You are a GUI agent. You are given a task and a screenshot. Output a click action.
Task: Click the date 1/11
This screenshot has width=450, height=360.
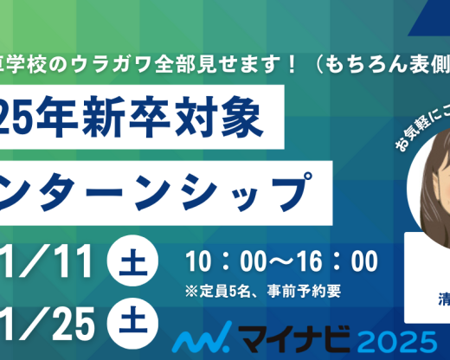coord(51,260)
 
